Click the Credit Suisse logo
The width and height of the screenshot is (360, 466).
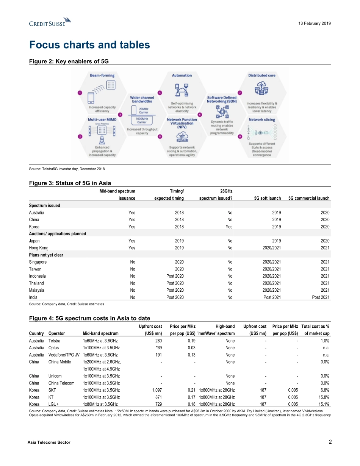tap(50, 22)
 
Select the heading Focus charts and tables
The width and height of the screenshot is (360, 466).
tap(89, 45)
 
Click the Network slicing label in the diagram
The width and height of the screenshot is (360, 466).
tap(261, 119)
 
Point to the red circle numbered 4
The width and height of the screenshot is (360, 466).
tap(160, 93)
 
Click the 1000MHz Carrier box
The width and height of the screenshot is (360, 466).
tap(142, 120)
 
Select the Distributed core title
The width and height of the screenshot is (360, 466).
tap(261, 75)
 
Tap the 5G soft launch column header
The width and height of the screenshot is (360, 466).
tap(267, 198)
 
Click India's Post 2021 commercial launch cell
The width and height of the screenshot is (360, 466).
tap(320, 297)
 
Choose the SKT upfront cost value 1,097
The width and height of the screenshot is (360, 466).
tap(157, 390)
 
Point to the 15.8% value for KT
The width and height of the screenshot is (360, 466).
tap(322, 397)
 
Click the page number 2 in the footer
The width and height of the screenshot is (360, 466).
tap(330, 442)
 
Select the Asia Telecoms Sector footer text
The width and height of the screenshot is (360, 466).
tap(50, 442)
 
